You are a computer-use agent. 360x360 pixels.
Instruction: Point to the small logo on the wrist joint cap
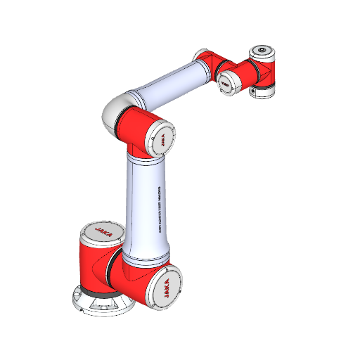click(226, 81)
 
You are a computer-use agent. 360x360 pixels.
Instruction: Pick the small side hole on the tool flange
click(252, 91)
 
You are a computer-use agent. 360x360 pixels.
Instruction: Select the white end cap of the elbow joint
click(162, 139)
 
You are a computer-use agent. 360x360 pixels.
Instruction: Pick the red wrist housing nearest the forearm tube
click(209, 61)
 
